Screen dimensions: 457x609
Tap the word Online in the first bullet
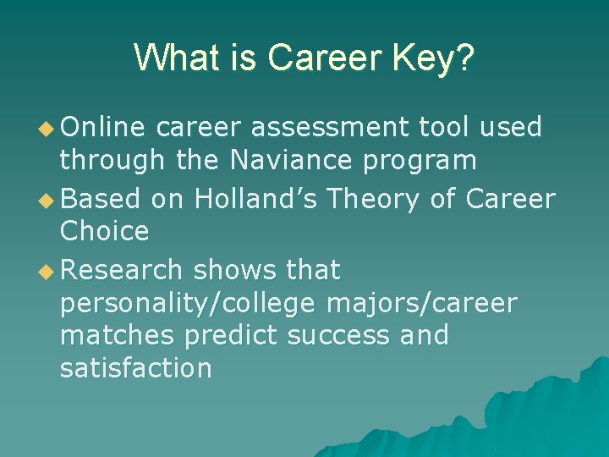click(x=102, y=128)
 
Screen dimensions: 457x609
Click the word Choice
click(x=104, y=231)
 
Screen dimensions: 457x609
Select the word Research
click(x=121, y=271)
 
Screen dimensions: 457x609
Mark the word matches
click(x=118, y=335)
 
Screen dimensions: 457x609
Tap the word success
click(x=338, y=335)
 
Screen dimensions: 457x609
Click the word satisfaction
click(x=135, y=368)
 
